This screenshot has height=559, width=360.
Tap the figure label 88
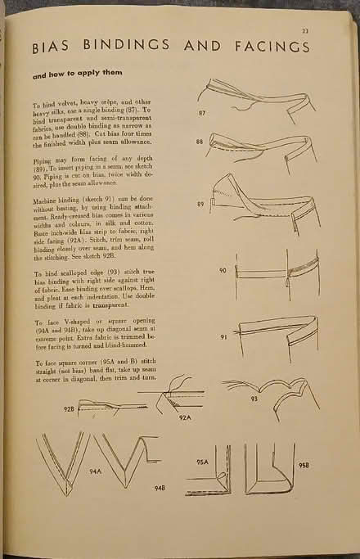coord(200,142)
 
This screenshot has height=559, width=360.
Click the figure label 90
coord(223,270)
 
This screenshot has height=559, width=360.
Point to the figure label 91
coord(223,336)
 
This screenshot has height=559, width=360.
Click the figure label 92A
coord(186,418)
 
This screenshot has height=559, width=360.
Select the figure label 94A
coord(96,472)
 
